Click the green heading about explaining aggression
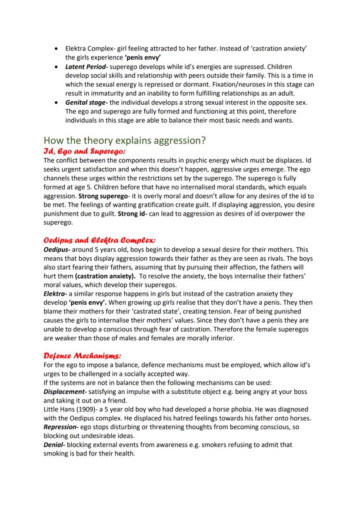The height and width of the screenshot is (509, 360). pos(125,141)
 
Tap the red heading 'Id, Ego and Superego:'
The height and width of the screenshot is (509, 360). pos(84,151)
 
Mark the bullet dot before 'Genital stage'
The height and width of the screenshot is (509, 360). pos(57,103)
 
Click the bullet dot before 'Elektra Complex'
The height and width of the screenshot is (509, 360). pos(57,49)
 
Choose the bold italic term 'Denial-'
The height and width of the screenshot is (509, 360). pos(55,445)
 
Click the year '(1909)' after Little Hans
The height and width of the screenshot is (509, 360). pos(90,409)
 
